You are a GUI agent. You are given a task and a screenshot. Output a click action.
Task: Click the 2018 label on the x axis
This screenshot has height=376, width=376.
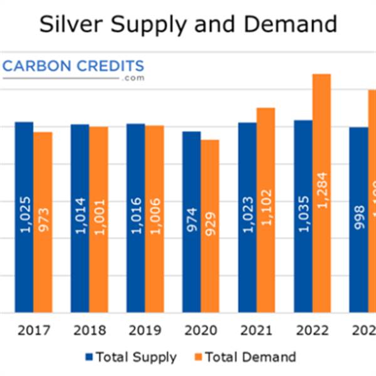pos(89,330)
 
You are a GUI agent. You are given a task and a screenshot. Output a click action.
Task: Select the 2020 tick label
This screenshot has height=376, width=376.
pos(201,330)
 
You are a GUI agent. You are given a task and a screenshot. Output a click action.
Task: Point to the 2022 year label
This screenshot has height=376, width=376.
pos(312,330)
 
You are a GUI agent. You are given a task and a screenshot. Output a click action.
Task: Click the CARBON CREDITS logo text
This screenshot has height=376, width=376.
pos(73,66)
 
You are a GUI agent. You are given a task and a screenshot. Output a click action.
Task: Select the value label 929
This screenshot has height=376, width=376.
pos(210,222)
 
